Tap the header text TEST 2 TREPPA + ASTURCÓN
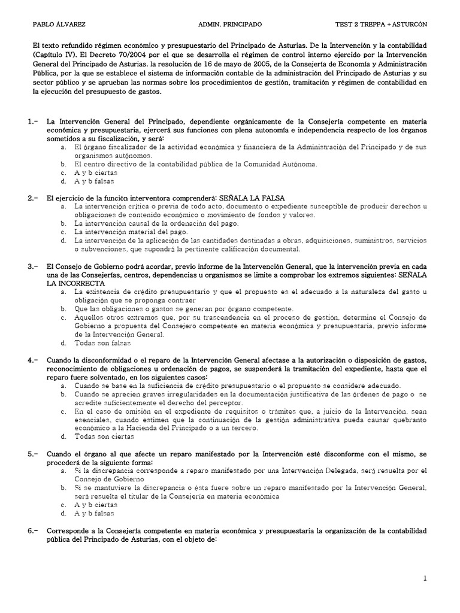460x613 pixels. tap(382, 25)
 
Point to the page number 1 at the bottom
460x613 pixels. tap(425, 578)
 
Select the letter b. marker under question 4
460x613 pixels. tap(63, 395)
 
